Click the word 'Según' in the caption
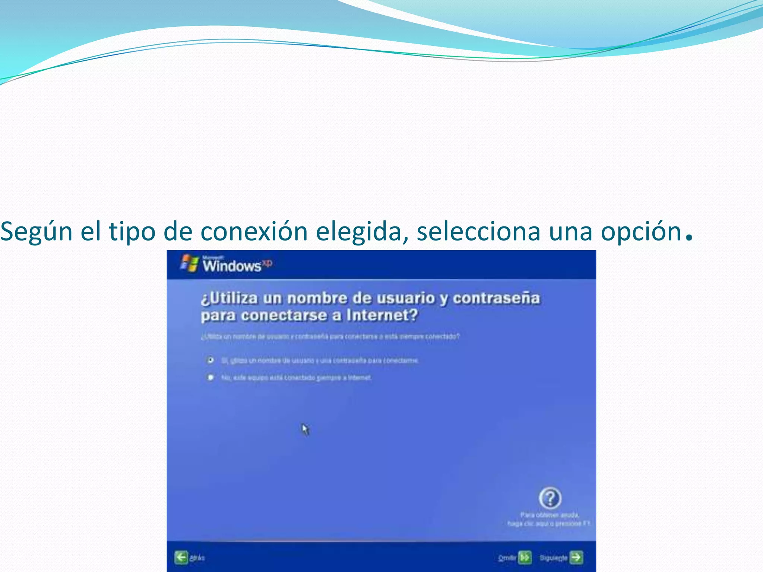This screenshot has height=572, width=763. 36,232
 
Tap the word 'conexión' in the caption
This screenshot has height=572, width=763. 254,231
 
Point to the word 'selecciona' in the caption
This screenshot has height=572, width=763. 478,231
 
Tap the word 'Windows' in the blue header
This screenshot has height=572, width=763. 232,266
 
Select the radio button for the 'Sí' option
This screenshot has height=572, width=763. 210,360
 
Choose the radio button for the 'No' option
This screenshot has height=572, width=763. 210,378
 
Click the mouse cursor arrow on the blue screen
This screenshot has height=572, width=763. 305,429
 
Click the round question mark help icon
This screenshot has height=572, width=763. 550,498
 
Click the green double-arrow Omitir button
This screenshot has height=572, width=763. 525,557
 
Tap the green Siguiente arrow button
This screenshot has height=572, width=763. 576,557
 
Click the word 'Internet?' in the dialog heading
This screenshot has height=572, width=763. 382,315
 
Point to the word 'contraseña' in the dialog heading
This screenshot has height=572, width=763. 496,298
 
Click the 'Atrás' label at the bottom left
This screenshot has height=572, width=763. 197,558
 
